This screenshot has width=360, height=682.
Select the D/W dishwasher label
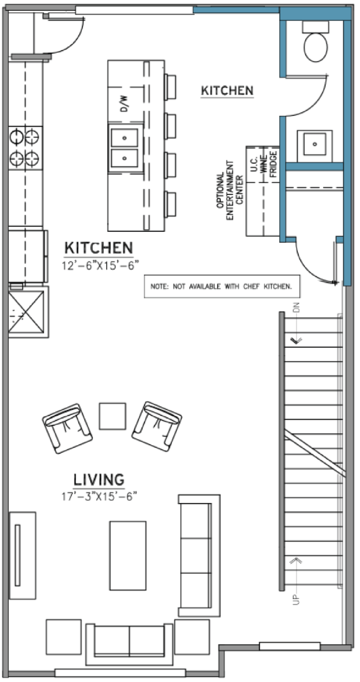124,104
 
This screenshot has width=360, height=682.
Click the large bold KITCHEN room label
99,248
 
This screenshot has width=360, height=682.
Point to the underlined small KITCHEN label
227,91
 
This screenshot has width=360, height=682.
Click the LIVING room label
99,479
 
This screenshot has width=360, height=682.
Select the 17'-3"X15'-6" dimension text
100,496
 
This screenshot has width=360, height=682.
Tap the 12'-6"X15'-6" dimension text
100,266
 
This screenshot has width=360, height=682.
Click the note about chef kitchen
222,286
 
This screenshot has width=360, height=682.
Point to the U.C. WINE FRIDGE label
263,164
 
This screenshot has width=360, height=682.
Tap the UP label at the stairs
296,599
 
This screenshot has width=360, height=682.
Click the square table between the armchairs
112,416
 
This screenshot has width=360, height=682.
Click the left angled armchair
67,428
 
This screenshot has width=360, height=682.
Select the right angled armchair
157,426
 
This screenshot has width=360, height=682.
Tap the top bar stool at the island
170,87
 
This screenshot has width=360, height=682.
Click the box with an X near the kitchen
28,312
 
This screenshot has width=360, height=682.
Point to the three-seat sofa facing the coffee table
199,555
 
